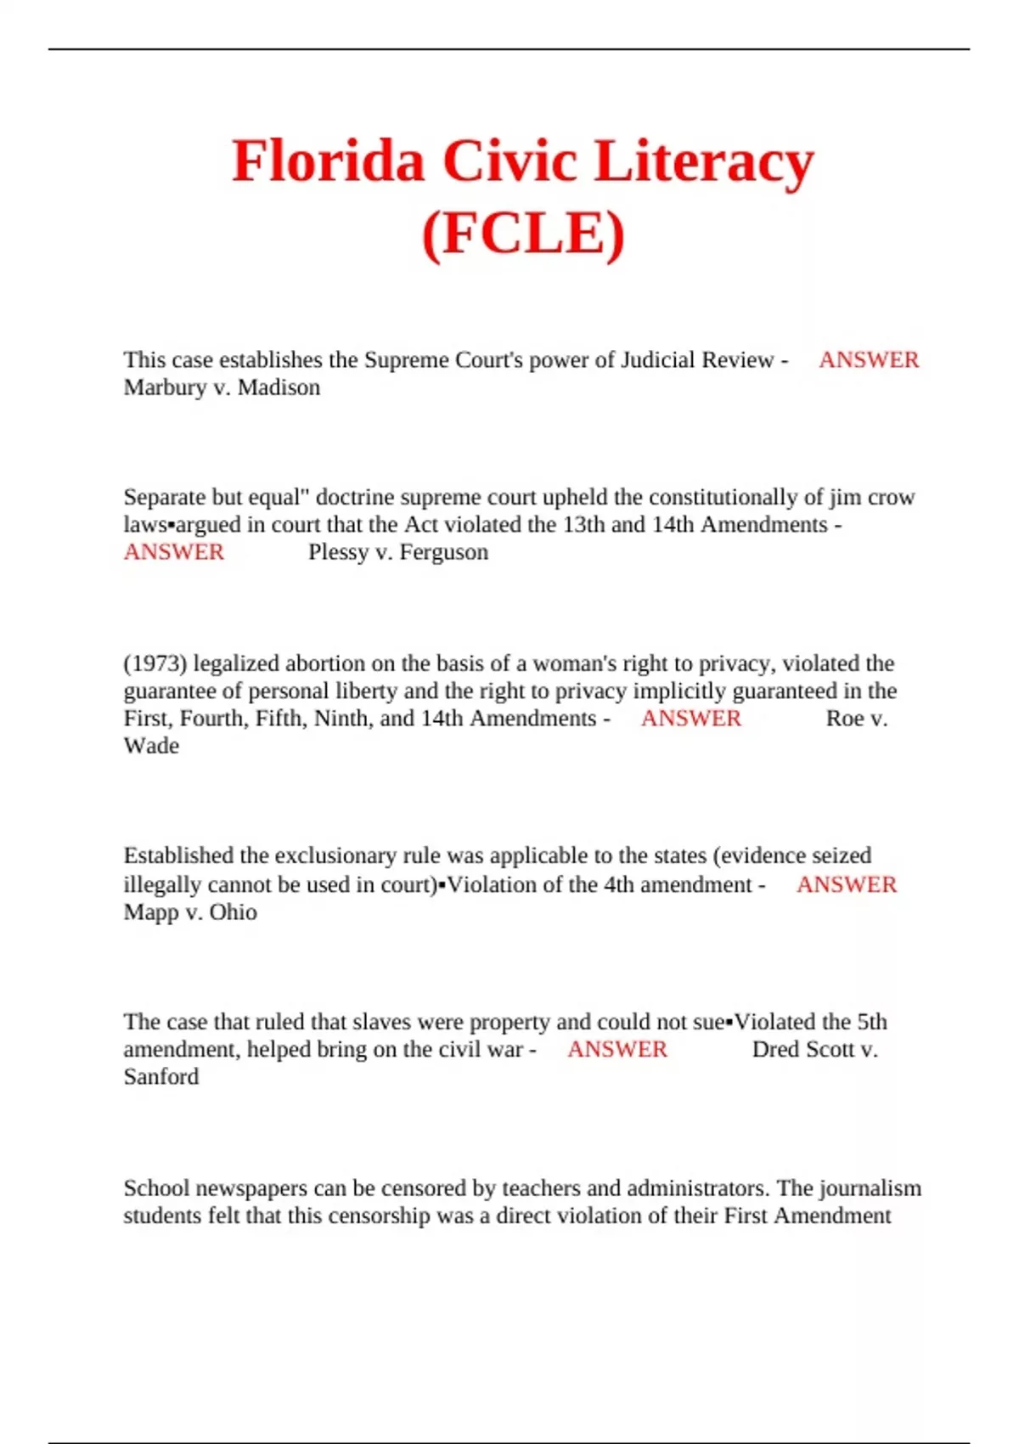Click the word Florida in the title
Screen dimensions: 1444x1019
(x=328, y=161)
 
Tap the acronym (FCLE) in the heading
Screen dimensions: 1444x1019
(x=523, y=233)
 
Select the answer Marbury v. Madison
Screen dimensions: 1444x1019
(x=222, y=388)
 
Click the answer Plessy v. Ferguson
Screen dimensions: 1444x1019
(x=398, y=552)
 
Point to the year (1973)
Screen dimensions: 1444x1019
(x=155, y=663)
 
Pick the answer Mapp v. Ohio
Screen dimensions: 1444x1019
(x=190, y=912)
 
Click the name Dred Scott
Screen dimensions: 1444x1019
(x=803, y=1050)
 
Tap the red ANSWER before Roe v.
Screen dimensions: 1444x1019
(x=690, y=719)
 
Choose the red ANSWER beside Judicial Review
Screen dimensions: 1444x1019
(x=869, y=360)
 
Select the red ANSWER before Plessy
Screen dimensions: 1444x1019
(x=174, y=552)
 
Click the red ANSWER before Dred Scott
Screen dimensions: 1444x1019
(x=617, y=1050)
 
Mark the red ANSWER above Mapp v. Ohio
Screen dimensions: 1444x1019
(x=847, y=885)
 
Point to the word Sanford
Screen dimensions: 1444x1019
(x=161, y=1077)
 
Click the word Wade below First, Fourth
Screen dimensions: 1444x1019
(x=151, y=746)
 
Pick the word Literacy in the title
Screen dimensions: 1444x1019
(x=704, y=161)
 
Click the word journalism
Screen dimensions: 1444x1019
(x=870, y=1188)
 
